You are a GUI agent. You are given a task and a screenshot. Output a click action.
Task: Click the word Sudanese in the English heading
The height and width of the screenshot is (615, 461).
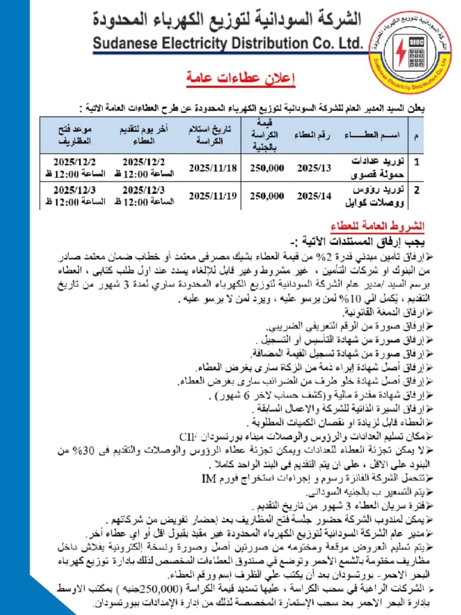(122, 43)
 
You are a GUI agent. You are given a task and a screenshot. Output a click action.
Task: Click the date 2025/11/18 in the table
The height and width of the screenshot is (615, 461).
(213, 167)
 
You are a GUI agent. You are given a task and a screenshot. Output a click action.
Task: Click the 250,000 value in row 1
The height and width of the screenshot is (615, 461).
(267, 167)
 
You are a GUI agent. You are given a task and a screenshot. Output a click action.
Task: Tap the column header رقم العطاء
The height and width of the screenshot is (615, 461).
(310, 135)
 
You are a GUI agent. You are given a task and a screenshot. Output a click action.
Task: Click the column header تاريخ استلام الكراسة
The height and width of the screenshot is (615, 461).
(211, 135)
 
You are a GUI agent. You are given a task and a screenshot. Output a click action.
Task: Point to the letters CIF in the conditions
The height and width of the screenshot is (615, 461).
(188, 437)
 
